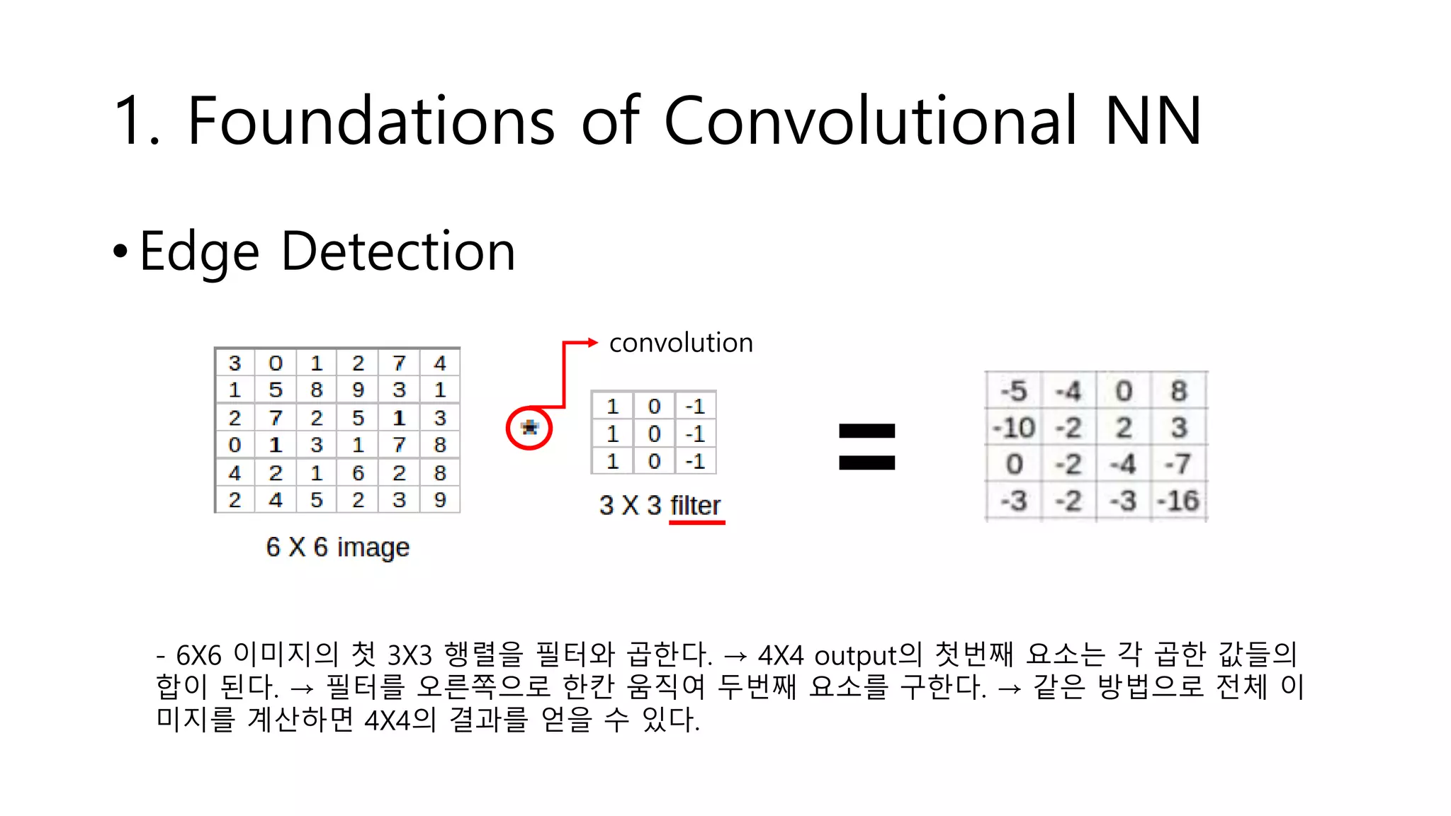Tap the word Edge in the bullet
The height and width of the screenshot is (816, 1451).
point(200,252)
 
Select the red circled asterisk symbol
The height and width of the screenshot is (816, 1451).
point(529,428)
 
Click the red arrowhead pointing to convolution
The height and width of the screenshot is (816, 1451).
point(592,343)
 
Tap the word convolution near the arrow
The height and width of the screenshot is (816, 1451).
point(681,343)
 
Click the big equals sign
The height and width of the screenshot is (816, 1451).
point(866,447)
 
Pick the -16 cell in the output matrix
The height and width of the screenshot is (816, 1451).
point(1178,501)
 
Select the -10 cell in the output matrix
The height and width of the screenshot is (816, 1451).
point(1014,428)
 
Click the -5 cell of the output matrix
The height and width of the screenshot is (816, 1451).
point(1014,391)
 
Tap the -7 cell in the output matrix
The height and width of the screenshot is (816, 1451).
point(1178,465)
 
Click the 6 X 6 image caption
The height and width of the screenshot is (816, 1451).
point(337,547)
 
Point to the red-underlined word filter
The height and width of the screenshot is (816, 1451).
point(696,506)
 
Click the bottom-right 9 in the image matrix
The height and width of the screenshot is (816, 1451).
point(440,500)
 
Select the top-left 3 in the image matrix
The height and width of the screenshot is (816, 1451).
point(235,363)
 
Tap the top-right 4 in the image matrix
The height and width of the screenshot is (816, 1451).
point(440,363)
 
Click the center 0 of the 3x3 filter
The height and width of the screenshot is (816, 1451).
point(654,433)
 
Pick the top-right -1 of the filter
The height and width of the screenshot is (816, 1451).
point(695,407)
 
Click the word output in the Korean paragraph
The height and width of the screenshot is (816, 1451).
point(856,655)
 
